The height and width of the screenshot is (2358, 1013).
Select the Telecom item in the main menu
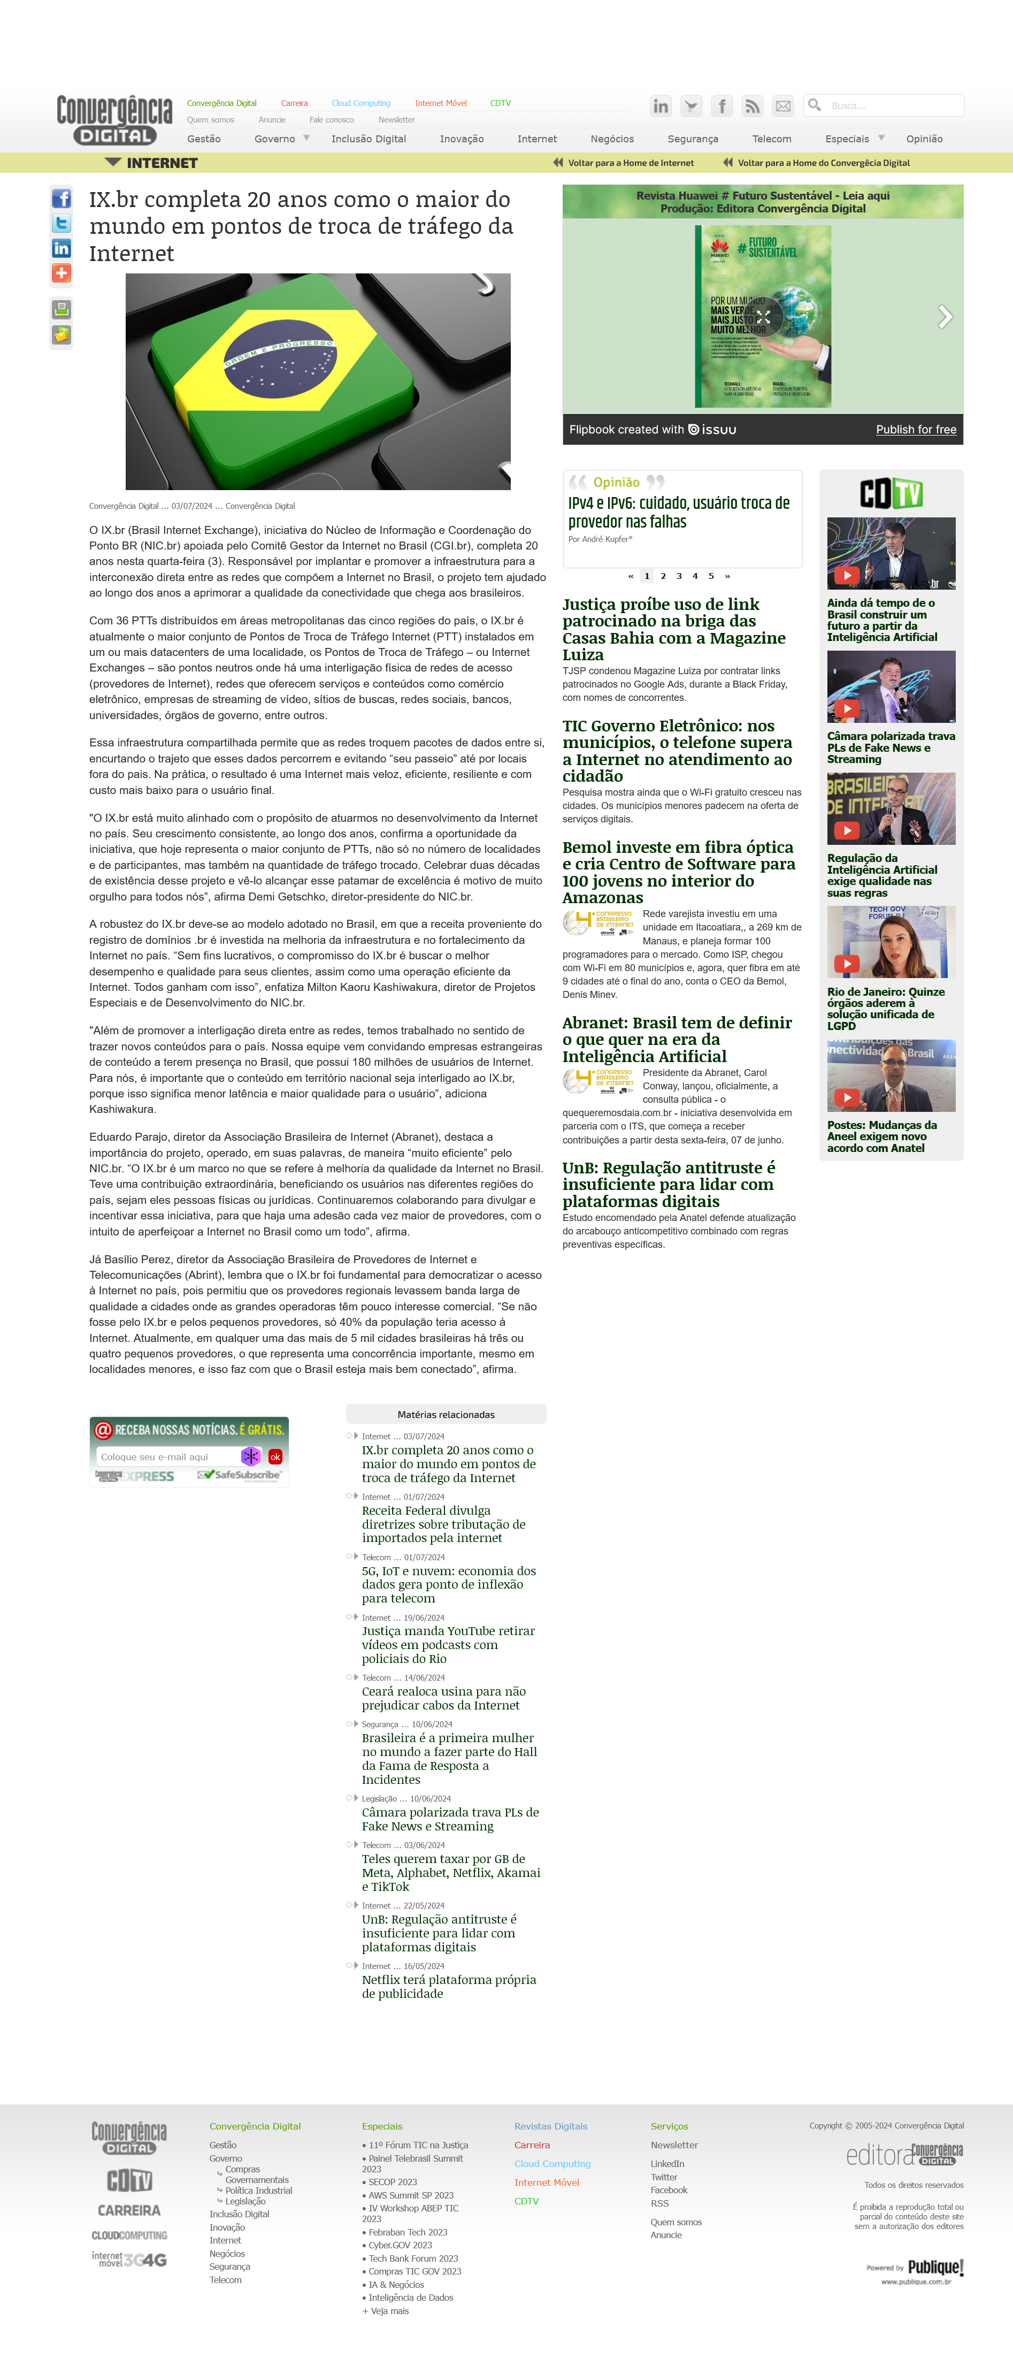(771, 139)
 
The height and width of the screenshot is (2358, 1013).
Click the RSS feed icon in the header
(752, 106)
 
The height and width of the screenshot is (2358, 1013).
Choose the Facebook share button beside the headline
(62, 199)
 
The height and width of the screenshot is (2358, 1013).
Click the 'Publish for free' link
(915, 429)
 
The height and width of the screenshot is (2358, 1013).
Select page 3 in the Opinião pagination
(679, 576)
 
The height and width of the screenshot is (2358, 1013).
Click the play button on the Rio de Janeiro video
(847, 963)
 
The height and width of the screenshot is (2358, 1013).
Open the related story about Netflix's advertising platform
(448, 1986)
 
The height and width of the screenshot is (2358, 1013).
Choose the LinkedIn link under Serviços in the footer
(667, 2164)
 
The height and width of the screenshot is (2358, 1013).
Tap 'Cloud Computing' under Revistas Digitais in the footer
(552, 2164)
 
